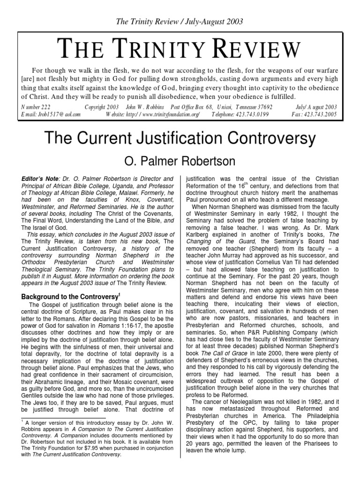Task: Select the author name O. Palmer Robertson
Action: coord(180,162)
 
